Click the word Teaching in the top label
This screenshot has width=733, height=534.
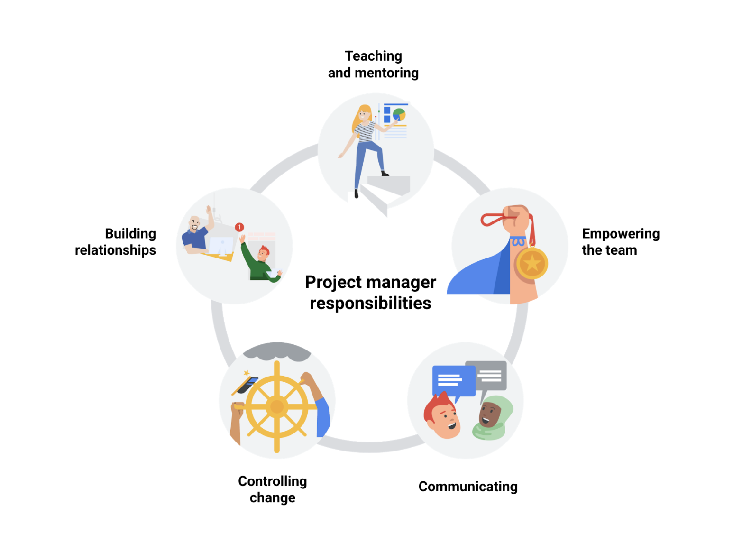point(373,56)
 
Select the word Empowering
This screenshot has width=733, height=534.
point(621,234)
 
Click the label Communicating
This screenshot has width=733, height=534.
point(467,487)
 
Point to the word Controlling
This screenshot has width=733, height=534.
point(272,481)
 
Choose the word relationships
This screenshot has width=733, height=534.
point(115,250)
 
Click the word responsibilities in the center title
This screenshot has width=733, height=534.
point(370,303)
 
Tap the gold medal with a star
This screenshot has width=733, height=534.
point(531,263)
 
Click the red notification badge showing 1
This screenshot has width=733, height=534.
point(239,227)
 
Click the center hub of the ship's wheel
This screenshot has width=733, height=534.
point(276,406)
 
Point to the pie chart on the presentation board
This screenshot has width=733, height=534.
point(399,114)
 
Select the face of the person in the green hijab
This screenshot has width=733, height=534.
point(489,414)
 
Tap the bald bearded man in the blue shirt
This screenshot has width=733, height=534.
point(195,232)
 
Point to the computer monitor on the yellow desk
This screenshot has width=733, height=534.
point(221,246)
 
